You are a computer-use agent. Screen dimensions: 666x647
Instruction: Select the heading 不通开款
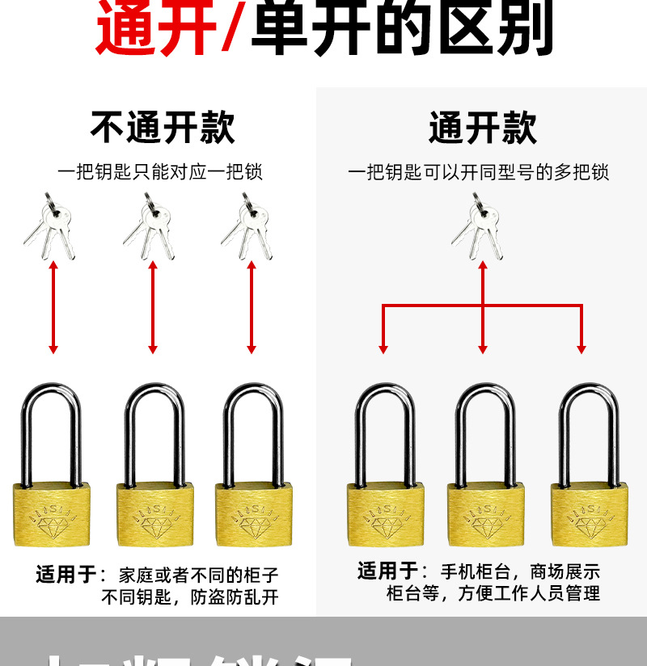163,128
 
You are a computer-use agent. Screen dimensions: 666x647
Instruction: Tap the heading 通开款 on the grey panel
483,128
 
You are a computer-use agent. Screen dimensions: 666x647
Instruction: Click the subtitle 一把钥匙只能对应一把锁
160,172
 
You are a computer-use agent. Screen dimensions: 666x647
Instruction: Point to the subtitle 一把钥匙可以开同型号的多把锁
478,172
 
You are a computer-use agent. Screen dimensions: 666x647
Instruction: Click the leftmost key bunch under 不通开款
51,226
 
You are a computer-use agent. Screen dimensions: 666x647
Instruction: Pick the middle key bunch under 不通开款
150,226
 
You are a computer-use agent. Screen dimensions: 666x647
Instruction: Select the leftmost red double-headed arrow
53,307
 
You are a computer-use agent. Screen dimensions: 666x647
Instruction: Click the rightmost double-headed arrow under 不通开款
252,307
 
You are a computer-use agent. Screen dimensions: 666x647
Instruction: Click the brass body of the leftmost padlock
51,516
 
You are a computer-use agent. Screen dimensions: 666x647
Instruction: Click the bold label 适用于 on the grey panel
389,571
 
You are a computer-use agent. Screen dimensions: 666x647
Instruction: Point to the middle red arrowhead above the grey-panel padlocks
483,348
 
